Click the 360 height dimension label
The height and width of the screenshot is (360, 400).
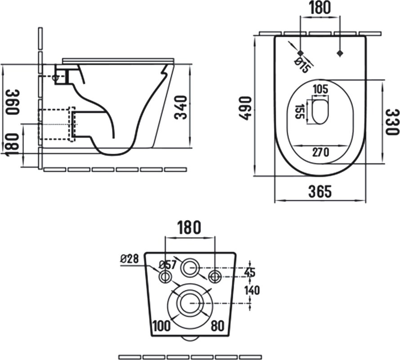click(12, 102)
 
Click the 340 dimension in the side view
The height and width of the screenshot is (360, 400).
click(181, 107)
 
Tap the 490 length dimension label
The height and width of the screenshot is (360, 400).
click(245, 108)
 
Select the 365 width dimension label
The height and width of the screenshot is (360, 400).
click(320, 191)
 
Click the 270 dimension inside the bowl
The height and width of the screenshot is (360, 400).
click(321, 153)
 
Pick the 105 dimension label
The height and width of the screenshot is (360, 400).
click(320, 90)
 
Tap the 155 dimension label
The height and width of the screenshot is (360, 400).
click(299, 112)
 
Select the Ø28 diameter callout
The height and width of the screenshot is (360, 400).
click(129, 259)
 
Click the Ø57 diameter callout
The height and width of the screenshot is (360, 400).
click(168, 265)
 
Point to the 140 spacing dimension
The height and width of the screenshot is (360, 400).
click(252, 290)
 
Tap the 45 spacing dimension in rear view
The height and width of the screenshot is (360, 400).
click(250, 273)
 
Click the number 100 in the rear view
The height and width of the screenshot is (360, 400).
click(161, 326)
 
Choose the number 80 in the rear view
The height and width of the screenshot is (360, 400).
click(218, 326)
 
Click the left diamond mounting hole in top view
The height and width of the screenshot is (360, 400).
click(301, 53)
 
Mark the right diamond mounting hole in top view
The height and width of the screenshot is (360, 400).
click(339, 53)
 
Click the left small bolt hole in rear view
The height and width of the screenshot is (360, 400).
click(165, 276)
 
